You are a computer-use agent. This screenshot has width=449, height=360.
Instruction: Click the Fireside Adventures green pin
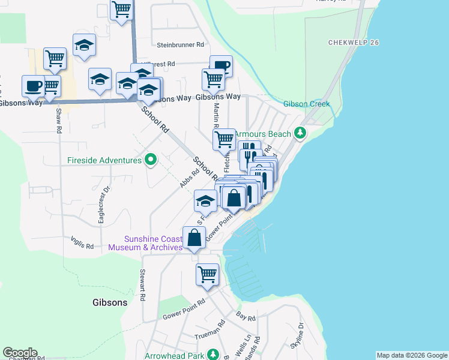coord(151,160)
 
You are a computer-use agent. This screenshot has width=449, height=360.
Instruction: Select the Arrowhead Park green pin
coord(211,355)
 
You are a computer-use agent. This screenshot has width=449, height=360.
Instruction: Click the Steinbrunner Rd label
coord(181,45)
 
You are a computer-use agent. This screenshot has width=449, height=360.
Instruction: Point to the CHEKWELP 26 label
coord(354,43)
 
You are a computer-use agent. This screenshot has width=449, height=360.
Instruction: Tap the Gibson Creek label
coord(307,104)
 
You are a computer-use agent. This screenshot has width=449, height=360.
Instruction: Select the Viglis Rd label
coord(82,246)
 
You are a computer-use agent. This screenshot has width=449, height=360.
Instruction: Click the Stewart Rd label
coord(142,286)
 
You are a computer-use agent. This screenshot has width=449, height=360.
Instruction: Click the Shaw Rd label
coord(58,121)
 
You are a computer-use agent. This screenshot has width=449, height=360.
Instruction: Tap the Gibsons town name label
coord(110,302)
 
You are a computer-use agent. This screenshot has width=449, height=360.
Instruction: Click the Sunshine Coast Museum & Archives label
coord(153,243)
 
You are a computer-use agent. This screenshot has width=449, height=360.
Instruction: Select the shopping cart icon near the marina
coord(207,274)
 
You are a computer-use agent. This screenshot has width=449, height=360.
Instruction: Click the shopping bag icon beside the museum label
coord(194,238)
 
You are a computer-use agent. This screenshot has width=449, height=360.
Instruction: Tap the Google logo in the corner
coord(20,353)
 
